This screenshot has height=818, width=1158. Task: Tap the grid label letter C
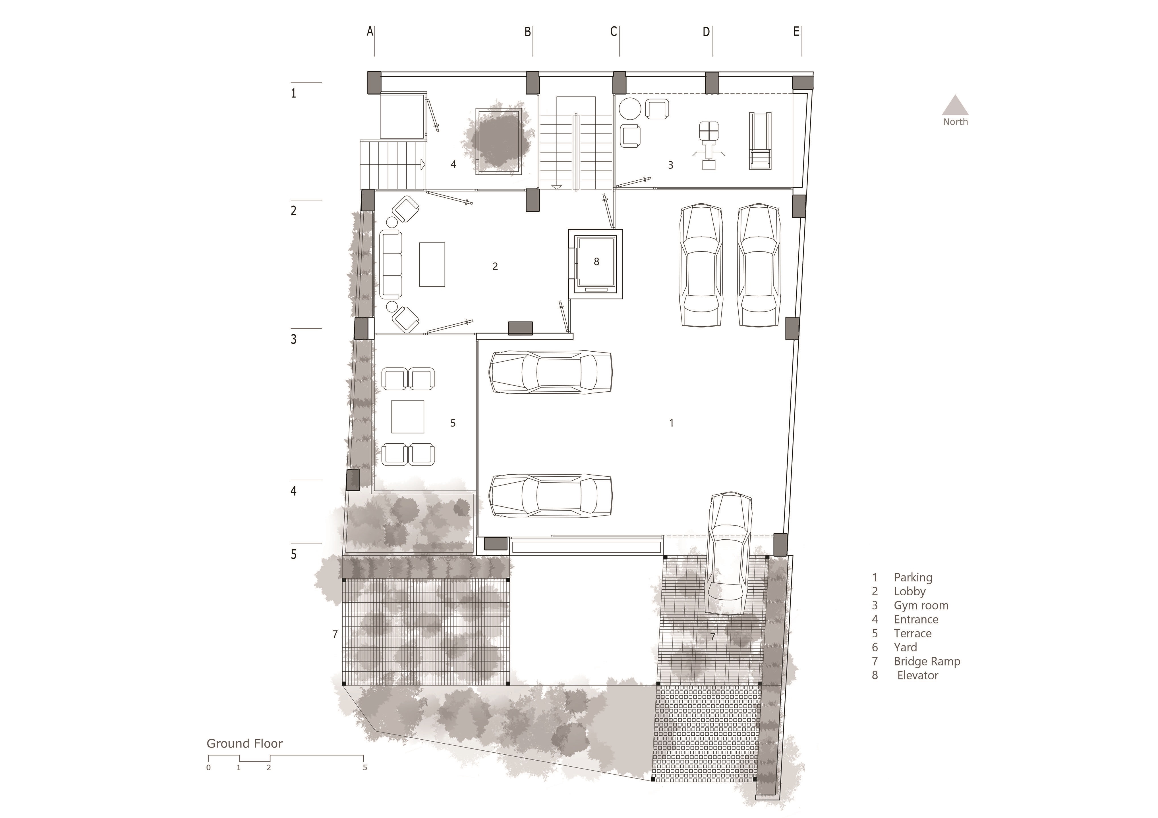click(x=613, y=32)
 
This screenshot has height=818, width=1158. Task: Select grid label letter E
click(x=796, y=32)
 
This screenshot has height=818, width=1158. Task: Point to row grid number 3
click(x=293, y=339)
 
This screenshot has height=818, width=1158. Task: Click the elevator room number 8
click(x=596, y=262)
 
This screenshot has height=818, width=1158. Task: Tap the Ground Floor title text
click(x=245, y=743)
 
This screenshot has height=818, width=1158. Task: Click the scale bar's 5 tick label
click(x=365, y=768)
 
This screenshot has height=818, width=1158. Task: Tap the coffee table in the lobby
click(x=432, y=265)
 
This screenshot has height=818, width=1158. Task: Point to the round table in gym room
click(x=630, y=108)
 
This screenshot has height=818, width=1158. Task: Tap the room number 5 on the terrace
click(x=453, y=423)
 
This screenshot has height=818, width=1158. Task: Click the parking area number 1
click(x=671, y=423)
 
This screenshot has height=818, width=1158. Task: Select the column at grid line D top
click(x=712, y=83)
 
